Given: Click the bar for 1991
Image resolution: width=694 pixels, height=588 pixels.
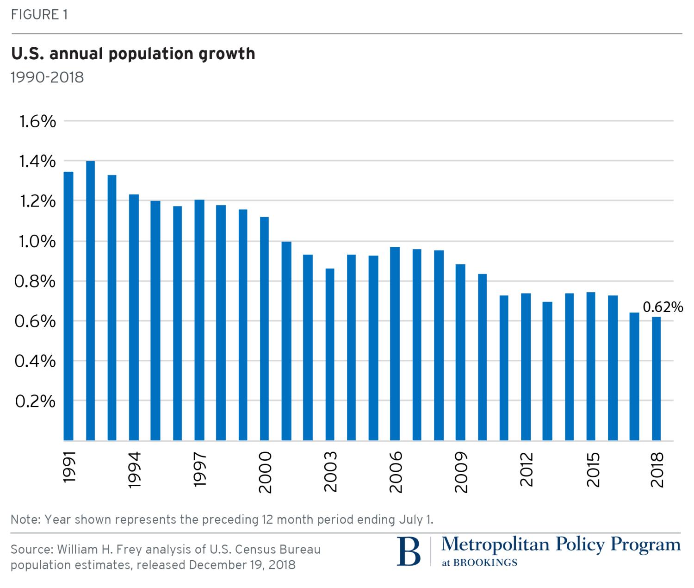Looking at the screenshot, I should click(68, 306).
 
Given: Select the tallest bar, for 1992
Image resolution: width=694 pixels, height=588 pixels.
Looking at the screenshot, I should click(90, 301).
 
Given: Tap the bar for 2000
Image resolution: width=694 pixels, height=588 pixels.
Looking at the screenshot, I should click(264, 329).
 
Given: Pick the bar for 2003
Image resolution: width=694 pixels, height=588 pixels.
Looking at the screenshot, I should click(330, 354).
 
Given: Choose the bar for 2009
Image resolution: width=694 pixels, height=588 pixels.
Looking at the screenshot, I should click(460, 352).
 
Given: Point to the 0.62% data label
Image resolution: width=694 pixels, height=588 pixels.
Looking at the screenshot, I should click(663, 307).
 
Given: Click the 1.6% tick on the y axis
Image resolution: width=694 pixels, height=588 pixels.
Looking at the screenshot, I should click(37, 121).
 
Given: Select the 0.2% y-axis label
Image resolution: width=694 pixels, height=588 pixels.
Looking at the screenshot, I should click(35, 401).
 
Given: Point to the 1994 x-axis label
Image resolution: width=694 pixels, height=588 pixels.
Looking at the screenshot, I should click(134, 470).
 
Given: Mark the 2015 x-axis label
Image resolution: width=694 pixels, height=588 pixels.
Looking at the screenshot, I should click(593, 470).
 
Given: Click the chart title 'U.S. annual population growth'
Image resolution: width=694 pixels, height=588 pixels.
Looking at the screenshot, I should click(133, 54).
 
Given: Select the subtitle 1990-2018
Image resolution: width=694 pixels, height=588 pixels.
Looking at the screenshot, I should click(47, 77).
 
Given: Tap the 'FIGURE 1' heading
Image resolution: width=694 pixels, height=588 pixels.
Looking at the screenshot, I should click(39, 15).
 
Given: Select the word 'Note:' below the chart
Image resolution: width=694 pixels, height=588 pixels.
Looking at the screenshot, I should click(26, 519).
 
